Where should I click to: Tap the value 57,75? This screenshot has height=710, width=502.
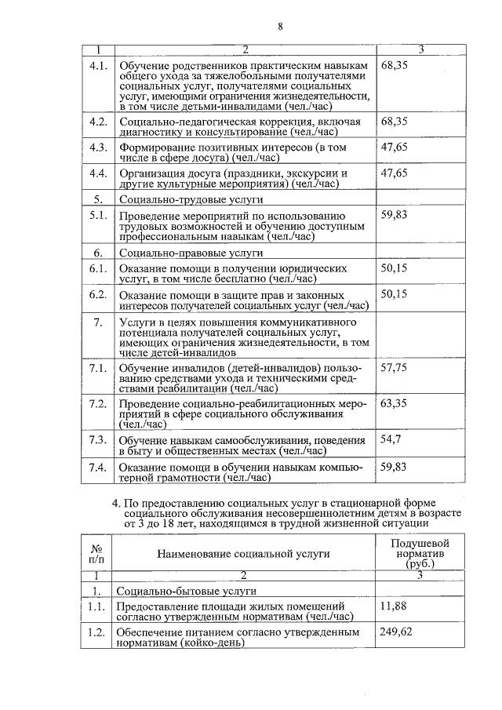tap(394, 366)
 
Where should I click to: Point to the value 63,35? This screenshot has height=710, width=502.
tap(394, 403)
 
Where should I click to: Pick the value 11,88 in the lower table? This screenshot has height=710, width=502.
tap(394, 606)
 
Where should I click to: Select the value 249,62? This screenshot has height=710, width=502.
tap(396, 632)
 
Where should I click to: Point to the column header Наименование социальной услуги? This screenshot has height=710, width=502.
tap(243, 553)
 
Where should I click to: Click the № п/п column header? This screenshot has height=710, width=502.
tap(98, 553)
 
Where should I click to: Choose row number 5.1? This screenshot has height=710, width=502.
tap(98, 215)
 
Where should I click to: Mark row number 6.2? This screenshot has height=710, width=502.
tap(98, 294)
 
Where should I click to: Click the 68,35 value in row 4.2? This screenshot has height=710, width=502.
tap(394, 122)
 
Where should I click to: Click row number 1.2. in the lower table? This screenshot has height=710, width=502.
tap(98, 632)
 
